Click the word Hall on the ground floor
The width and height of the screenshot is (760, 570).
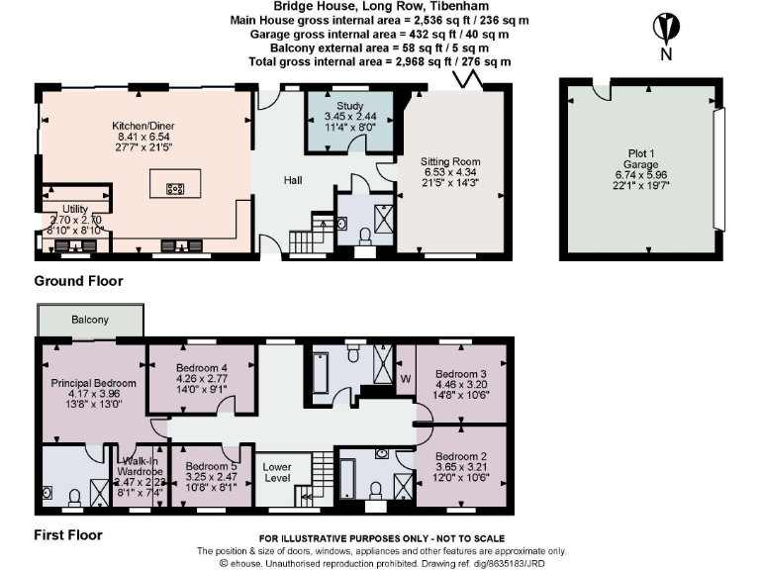[293, 180]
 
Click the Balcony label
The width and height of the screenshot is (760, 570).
[90, 321]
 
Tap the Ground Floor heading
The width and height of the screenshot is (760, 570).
[79, 281]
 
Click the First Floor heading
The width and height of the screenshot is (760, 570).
[68, 535]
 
